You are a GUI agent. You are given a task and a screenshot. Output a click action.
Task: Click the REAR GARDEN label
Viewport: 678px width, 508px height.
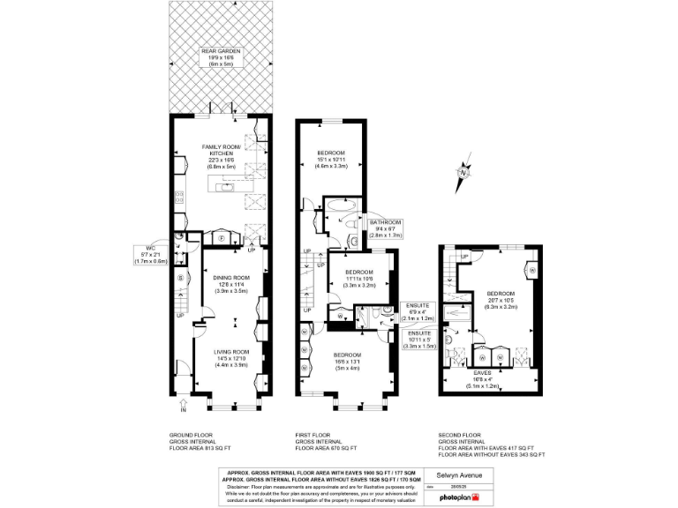(221, 50)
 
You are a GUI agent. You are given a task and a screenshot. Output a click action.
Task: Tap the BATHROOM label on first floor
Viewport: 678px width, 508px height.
(386, 222)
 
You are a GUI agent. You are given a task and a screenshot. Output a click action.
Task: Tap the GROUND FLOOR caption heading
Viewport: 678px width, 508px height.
(189, 435)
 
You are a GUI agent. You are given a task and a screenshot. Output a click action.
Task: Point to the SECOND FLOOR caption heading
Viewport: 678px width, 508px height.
(459, 435)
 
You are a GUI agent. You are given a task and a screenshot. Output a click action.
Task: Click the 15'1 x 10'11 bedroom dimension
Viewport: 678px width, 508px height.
(332, 160)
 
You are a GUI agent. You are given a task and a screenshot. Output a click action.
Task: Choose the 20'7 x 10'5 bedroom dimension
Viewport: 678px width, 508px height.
(500, 300)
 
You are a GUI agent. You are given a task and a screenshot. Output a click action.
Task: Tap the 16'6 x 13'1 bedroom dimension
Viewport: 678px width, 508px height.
(347, 362)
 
